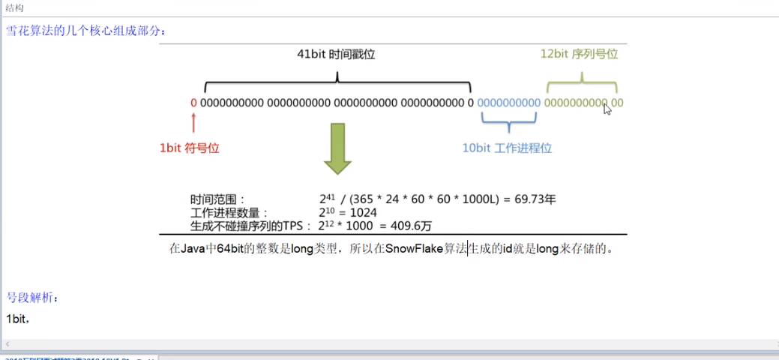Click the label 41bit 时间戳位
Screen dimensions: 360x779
(336, 55)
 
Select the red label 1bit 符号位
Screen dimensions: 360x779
(189, 148)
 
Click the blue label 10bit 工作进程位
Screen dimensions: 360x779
(507, 148)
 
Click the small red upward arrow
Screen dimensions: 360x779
(194, 122)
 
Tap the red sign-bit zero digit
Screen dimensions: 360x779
(193, 103)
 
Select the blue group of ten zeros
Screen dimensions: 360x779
(508, 103)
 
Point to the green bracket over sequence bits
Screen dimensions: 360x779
(582, 84)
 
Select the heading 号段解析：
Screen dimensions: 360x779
(32, 298)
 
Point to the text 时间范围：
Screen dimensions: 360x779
(218, 199)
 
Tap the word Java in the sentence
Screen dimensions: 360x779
(193, 248)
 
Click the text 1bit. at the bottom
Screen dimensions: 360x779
(17, 319)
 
